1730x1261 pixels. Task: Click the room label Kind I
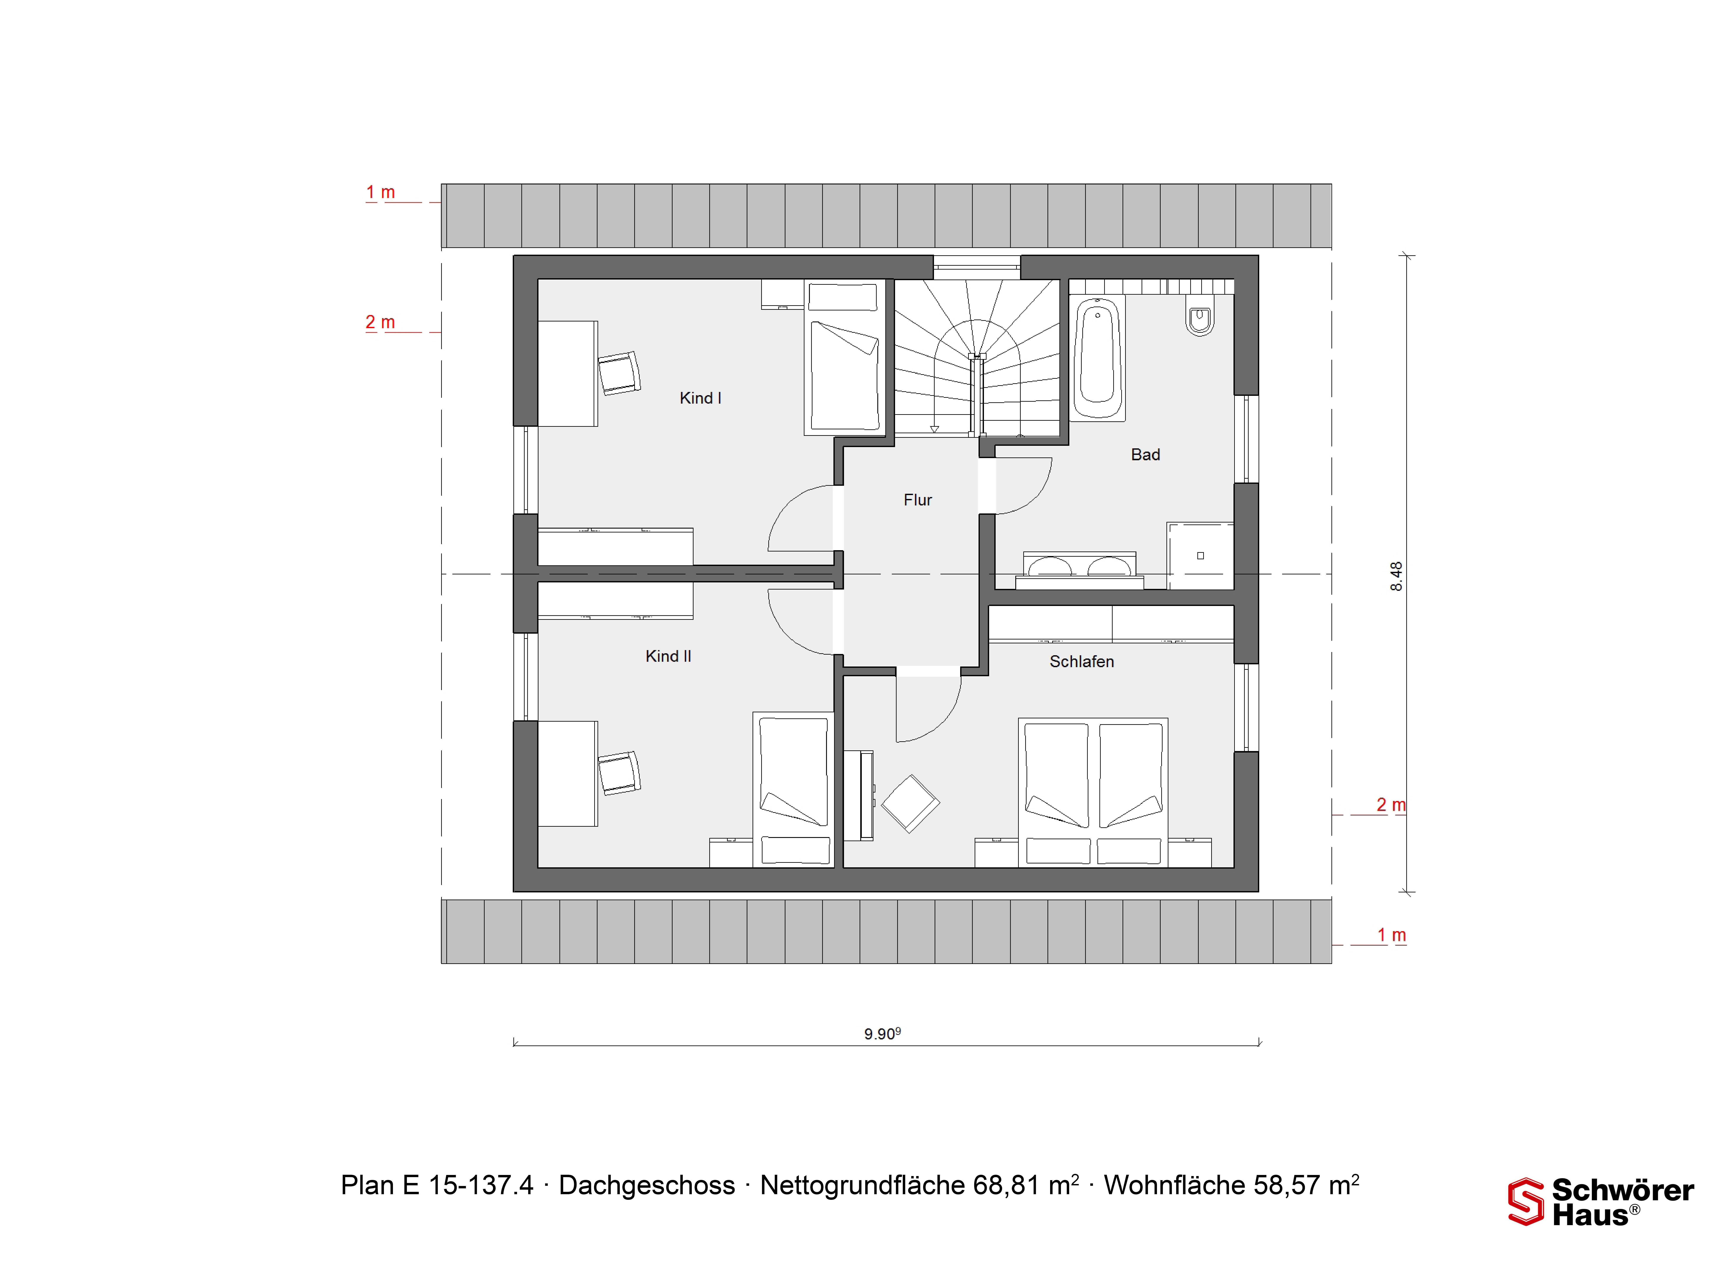(700, 398)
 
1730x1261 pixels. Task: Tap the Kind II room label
(668, 656)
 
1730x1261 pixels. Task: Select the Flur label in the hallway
(918, 500)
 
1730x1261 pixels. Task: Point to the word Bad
(1145, 455)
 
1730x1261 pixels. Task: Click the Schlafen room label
(1082, 662)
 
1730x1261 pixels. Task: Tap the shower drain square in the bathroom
(1200, 556)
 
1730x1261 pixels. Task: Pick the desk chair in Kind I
(619, 373)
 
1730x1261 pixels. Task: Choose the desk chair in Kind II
(619, 773)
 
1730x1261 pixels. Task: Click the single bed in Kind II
(793, 789)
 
